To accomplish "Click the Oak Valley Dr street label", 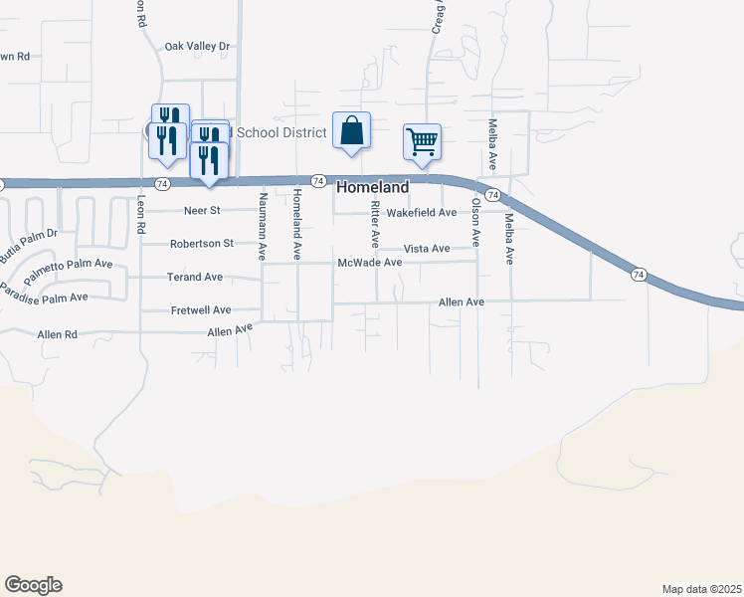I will click(x=197, y=46).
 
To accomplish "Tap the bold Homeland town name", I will click(x=373, y=187).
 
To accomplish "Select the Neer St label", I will click(x=202, y=211).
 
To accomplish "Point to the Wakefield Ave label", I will click(x=421, y=213).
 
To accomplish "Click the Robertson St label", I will click(x=201, y=243).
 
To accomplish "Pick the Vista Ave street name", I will click(x=427, y=248).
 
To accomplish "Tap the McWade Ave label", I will click(x=369, y=263).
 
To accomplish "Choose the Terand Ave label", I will click(x=195, y=277).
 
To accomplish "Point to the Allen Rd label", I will click(x=57, y=335).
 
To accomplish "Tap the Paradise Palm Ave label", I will click(x=44, y=295).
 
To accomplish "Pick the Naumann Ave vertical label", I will click(x=263, y=228).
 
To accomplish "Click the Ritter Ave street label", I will click(x=375, y=224).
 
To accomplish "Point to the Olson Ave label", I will click(x=476, y=222).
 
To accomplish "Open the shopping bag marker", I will click(x=351, y=131).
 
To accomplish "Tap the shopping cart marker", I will click(x=422, y=142).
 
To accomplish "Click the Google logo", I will click(x=33, y=585).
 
